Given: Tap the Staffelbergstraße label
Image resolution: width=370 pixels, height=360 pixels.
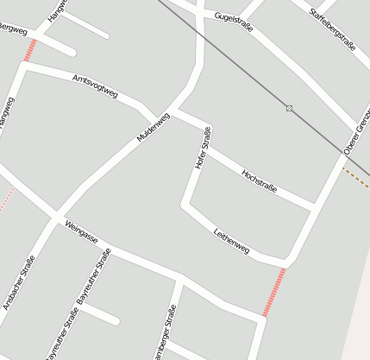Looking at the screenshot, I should click(x=331, y=25).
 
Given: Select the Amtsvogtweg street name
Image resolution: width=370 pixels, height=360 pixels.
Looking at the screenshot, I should click(x=95, y=85).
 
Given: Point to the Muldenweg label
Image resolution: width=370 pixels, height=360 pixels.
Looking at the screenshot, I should click(x=154, y=126).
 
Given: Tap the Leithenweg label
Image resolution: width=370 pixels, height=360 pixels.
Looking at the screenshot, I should click(x=231, y=241).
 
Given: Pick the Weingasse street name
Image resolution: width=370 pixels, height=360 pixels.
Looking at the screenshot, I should click(x=81, y=231).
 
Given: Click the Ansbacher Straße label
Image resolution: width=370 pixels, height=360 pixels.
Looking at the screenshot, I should click(x=18, y=284).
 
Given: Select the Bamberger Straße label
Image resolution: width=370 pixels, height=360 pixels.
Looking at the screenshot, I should click(x=164, y=337).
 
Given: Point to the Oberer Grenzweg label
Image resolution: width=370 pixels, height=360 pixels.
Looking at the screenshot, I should click(x=357, y=134).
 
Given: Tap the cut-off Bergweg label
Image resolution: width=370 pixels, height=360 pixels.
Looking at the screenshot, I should click(x=12, y=32).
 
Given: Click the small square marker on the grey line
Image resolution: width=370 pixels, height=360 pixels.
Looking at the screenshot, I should click(x=289, y=108).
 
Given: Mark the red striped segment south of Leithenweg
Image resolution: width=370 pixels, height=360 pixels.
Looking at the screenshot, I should click(x=273, y=292).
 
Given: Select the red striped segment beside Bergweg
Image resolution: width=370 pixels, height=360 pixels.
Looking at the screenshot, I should click(x=30, y=50).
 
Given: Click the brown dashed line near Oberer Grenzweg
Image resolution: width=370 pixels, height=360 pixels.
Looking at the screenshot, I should click(x=355, y=177).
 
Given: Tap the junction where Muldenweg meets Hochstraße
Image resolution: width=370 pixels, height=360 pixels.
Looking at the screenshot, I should click(x=175, y=111).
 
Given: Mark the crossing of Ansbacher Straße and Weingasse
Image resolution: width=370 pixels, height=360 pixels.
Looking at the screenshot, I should click(x=56, y=215).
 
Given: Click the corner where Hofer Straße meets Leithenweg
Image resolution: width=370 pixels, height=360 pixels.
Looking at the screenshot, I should click(x=184, y=205).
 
